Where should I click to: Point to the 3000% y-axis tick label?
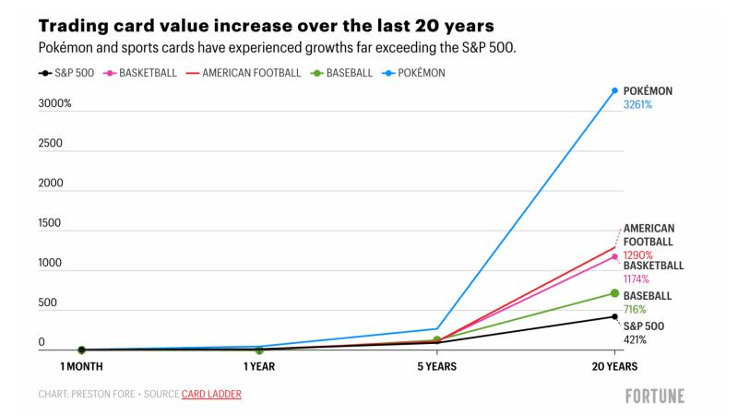tap(54, 103)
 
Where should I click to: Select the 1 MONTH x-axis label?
tap(81, 366)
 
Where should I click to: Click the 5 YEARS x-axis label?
tap(436, 366)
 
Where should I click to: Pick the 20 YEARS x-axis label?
tap(613, 366)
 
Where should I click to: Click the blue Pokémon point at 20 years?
tap(614, 90)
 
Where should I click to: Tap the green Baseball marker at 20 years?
tap(614, 293)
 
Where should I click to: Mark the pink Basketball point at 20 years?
tap(614, 256)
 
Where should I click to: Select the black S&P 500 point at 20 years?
tap(614, 316)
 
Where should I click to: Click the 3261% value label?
tap(637, 105)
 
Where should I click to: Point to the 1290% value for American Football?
tap(637, 255)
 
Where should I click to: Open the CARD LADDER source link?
tap(211, 395)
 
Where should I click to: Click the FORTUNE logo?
tap(654, 396)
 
